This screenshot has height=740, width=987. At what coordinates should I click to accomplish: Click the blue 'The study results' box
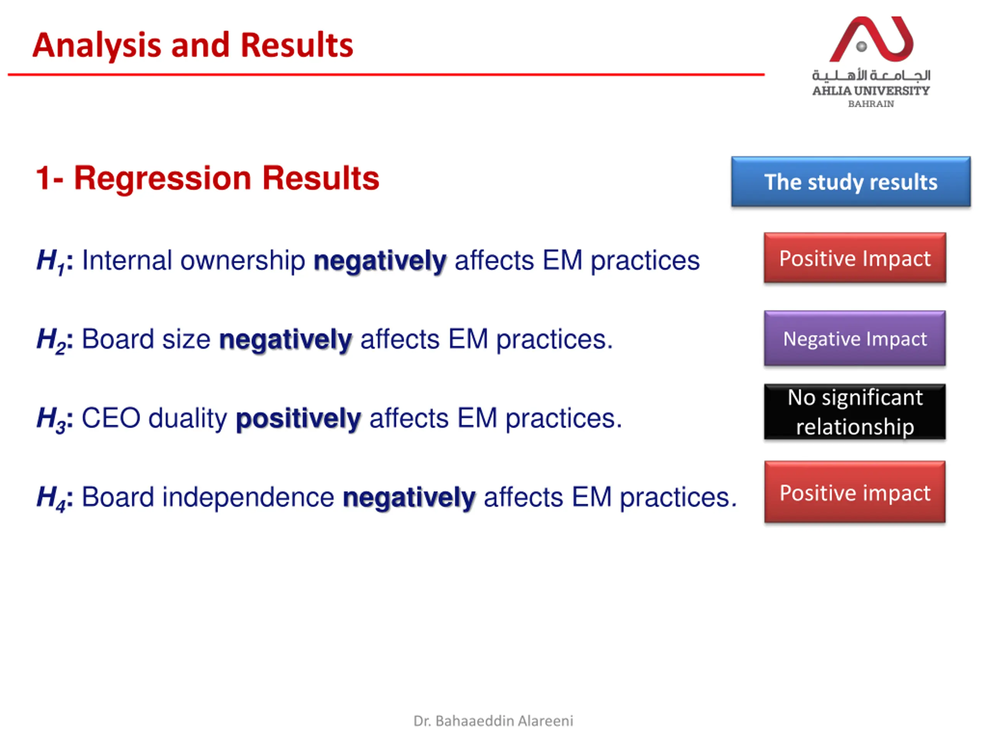pos(851,182)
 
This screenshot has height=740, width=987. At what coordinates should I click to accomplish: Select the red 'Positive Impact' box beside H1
pos(855,258)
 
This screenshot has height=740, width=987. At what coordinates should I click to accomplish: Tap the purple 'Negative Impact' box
pos(855,338)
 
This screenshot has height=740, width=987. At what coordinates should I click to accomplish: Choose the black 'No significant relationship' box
pos(855,412)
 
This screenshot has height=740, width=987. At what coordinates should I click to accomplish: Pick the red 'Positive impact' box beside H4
pos(855,492)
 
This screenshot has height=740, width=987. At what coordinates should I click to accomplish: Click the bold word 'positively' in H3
pos(298,419)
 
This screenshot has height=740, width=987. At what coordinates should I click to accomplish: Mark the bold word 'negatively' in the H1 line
pos(380,261)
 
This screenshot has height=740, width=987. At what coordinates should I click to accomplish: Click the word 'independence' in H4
pos(248,497)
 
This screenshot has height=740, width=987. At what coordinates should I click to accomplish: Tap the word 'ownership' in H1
pos(243,261)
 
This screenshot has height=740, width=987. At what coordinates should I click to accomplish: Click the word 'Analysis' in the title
pos(96,46)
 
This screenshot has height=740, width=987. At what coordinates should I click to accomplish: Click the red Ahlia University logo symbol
pos(871,39)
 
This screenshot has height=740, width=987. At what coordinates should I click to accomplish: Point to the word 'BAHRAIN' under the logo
pos(871,104)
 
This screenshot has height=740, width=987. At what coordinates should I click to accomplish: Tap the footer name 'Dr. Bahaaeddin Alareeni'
pos(493,721)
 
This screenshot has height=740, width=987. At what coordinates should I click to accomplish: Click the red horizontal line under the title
pos(386,74)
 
